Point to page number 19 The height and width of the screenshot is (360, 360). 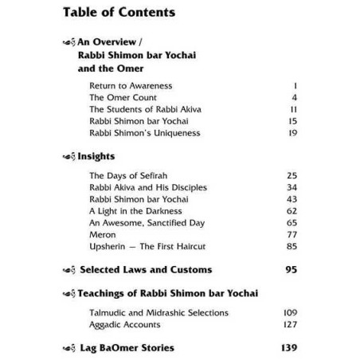click(292, 132)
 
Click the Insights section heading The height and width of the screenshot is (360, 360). click(96, 157)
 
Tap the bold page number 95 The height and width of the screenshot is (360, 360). click(291, 271)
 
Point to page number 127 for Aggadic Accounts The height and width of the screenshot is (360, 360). click(290, 325)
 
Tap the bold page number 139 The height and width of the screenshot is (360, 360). click(288, 349)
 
